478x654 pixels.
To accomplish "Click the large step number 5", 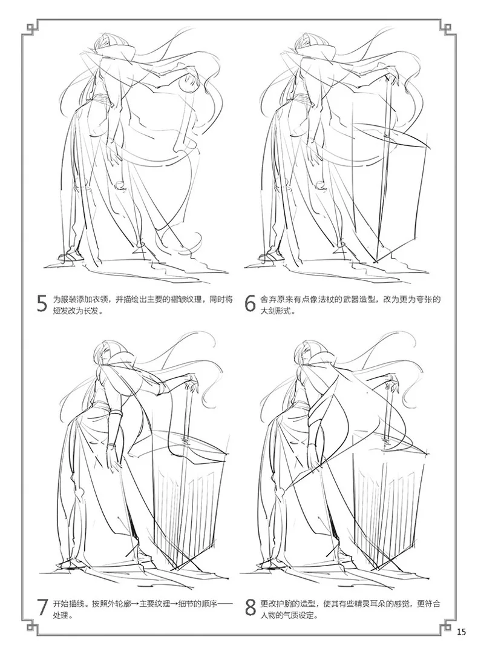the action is (x=42, y=303).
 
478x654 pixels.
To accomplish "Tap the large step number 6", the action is (x=250, y=303).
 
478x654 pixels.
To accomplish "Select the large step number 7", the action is (x=42, y=607).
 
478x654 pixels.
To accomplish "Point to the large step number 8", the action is (x=250, y=607).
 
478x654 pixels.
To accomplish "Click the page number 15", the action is (x=461, y=631).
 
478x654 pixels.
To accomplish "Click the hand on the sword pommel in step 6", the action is (x=391, y=76).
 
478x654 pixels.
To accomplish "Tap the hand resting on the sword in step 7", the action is (x=192, y=380).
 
